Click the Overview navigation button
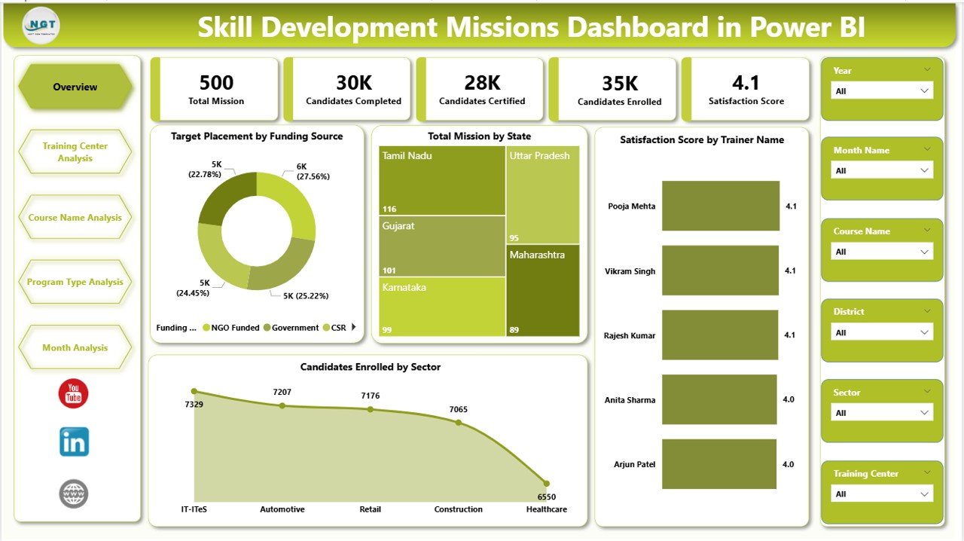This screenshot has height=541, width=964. pyautogui.click(x=75, y=87)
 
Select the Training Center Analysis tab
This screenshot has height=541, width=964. pyautogui.click(x=75, y=152)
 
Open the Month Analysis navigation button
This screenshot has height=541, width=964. pyautogui.click(x=75, y=348)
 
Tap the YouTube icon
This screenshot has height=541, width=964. pyautogui.click(x=74, y=394)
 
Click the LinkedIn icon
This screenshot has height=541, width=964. pyautogui.click(x=74, y=442)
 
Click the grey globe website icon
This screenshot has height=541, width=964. pyautogui.click(x=74, y=494)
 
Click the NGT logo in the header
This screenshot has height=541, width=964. pyautogui.click(x=41, y=26)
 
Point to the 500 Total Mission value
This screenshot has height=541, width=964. pyautogui.click(x=216, y=83)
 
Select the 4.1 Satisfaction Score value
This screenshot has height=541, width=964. pyautogui.click(x=746, y=83)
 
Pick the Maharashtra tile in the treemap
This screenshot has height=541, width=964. pyautogui.click(x=542, y=290)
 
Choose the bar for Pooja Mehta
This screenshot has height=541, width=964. pyautogui.click(x=720, y=206)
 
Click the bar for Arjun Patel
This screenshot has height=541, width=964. pyautogui.click(x=718, y=464)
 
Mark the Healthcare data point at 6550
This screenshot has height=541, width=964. pyautogui.click(x=546, y=484)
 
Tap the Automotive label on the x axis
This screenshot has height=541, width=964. pyautogui.click(x=282, y=509)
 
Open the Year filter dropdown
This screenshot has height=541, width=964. pyautogui.click(x=882, y=91)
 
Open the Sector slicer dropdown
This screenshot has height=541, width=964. pyautogui.click(x=882, y=413)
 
